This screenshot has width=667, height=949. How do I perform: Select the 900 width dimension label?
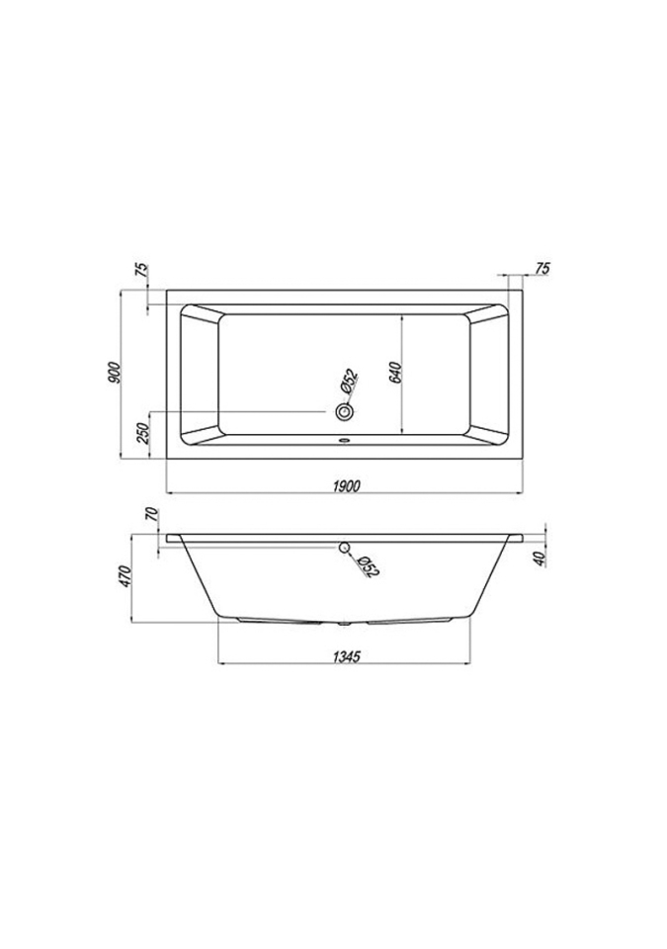115,373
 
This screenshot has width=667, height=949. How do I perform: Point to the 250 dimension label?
143,433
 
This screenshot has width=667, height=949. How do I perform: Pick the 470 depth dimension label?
125,576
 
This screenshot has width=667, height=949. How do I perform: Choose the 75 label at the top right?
542,268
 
